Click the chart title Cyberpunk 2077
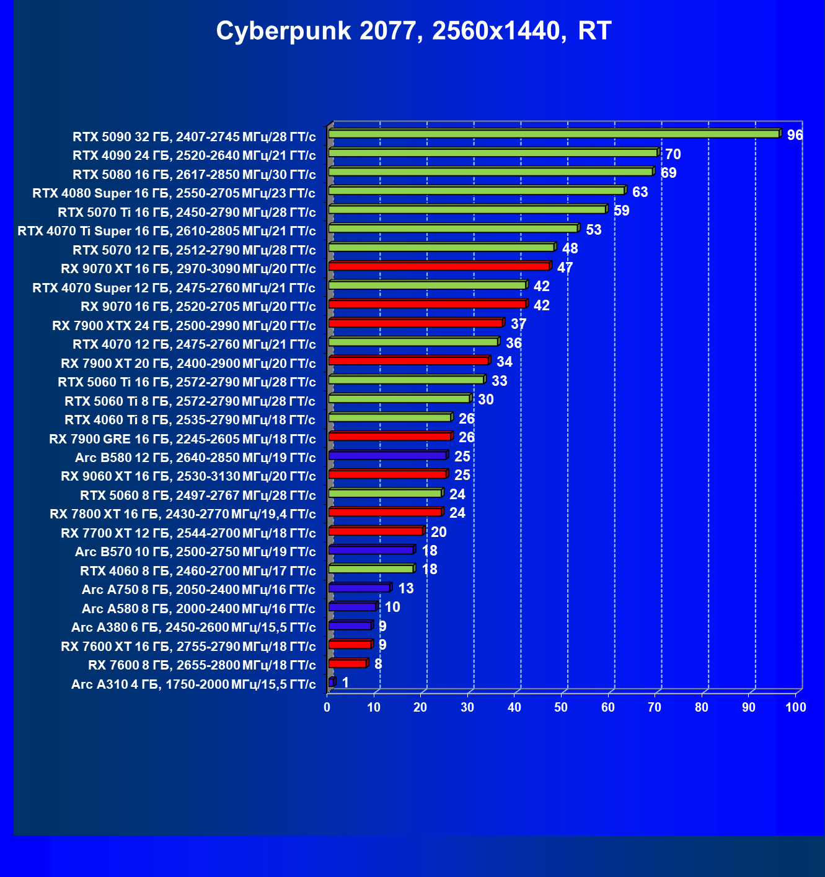tap(413, 30)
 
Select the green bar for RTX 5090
tap(554, 134)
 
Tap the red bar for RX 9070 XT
tap(439, 266)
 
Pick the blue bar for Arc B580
tap(387, 455)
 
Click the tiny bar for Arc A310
tap(332, 682)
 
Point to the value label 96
tap(795, 135)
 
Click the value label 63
tap(640, 192)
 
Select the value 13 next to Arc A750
tap(406, 588)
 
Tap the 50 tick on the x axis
tap(561, 707)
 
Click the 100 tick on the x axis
tap(795, 707)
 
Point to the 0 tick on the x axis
tap(327, 707)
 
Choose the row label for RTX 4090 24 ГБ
tap(194, 155)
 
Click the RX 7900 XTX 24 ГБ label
tap(184, 326)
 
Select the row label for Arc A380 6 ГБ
tap(193, 627)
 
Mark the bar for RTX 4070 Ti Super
tap(453, 229)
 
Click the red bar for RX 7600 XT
tap(350, 644)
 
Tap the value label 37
tap(518, 324)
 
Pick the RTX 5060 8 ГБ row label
tap(198, 495)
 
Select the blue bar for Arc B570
tap(371, 550)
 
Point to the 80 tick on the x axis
tap(702, 707)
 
